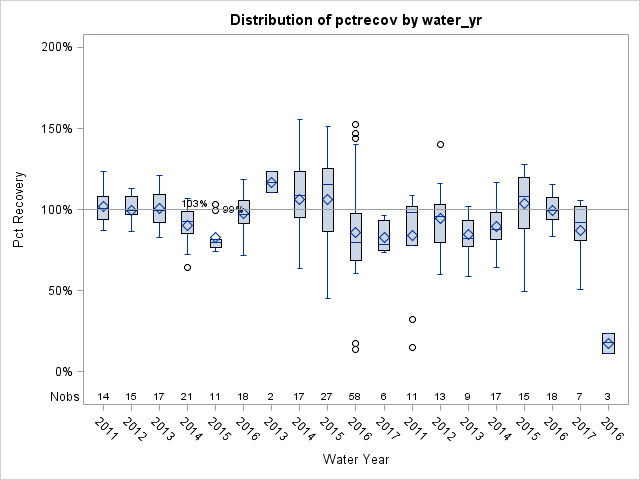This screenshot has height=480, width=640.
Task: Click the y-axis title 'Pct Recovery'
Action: (x=19, y=209)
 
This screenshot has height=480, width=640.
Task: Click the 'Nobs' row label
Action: (x=63, y=396)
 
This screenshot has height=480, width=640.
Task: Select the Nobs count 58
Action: (x=356, y=396)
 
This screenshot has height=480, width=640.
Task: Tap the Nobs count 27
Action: (x=327, y=396)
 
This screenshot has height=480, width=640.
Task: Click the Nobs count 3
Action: (x=609, y=396)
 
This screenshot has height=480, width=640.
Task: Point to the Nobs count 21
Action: (x=187, y=396)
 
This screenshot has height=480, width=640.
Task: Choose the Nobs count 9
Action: (x=468, y=396)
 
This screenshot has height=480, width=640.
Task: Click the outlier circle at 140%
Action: (x=440, y=144)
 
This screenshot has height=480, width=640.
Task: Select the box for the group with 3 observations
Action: (x=609, y=343)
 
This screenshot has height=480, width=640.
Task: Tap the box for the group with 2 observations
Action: (x=271, y=182)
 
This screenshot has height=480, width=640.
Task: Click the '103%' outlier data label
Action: (x=194, y=204)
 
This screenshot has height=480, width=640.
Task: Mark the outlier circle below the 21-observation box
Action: (x=187, y=267)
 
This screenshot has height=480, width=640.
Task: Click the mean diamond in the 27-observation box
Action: (x=327, y=199)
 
